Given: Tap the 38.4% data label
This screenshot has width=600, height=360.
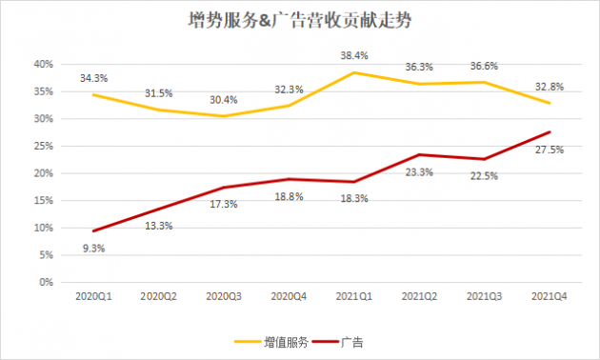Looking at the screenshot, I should click(x=355, y=55).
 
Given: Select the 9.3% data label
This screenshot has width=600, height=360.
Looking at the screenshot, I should click(x=93, y=249).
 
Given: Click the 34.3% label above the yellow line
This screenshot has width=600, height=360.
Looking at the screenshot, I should click(x=93, y=76).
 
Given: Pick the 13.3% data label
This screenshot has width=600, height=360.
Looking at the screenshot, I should click(x=158, y=226).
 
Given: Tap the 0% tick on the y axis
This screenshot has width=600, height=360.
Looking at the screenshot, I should click(x=44, y=283).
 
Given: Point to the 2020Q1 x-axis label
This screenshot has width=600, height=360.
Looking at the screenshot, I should click(x=93, y=297).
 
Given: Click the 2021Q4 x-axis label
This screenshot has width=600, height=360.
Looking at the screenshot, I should click(x=550, y=297).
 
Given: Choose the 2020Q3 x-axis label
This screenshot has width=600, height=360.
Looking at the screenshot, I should click(x=224, y=297).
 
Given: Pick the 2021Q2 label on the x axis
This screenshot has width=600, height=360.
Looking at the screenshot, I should click(x=419, y=297).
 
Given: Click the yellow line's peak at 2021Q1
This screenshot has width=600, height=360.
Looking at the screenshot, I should click(x=354, y=72).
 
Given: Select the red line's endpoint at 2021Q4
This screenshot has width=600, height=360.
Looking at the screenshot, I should click(x=550, y=132).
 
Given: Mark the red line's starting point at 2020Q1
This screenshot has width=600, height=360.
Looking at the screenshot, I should click(x=93, y=231).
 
